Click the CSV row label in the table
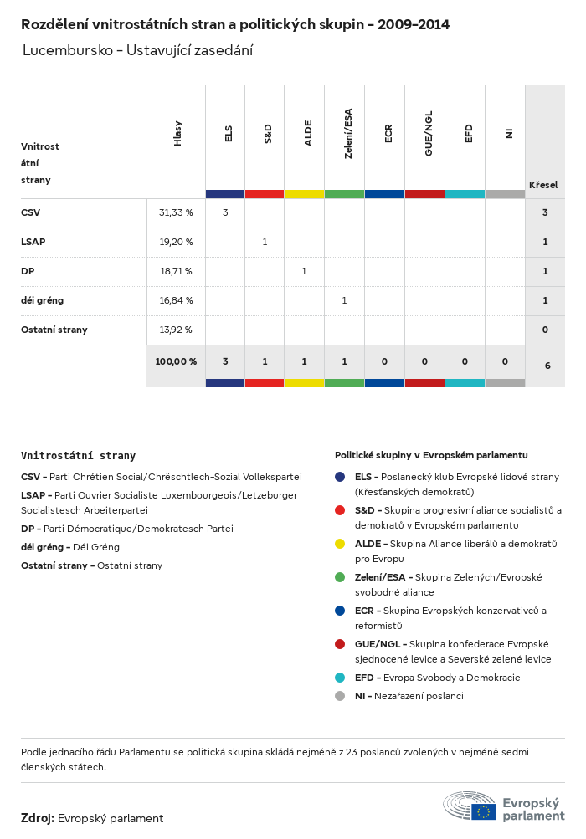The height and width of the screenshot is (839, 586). [x=31, y=212]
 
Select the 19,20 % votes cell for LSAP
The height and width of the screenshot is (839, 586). [x=176, y=242]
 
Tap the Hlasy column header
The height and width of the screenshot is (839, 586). [x=177, y=134]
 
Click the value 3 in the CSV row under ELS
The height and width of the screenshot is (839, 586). [x=225, y=212]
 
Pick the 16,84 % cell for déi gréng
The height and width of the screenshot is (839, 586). [x=176, y=300]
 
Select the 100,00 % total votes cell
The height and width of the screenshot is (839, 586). [x=176, y=361]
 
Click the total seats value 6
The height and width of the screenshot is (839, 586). [x=545, y=366]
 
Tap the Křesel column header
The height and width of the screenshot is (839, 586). [x=543, y=185]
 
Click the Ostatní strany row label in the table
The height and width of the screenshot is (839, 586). [x=54, y=330]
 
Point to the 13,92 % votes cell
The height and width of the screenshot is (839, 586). [x=176, y=330]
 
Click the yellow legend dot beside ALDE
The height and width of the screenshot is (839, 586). [x=340, y=544]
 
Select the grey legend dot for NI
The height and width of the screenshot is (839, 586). [x=340, y=696]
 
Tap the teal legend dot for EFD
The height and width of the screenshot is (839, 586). [x=340, y=678]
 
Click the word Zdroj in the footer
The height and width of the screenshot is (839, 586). [x=38, y=818]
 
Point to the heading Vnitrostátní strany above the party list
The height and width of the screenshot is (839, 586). [x=78, y=456]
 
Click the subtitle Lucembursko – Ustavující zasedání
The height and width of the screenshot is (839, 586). [x=137, y=50]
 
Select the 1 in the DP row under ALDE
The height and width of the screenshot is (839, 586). [x=304, y=271]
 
